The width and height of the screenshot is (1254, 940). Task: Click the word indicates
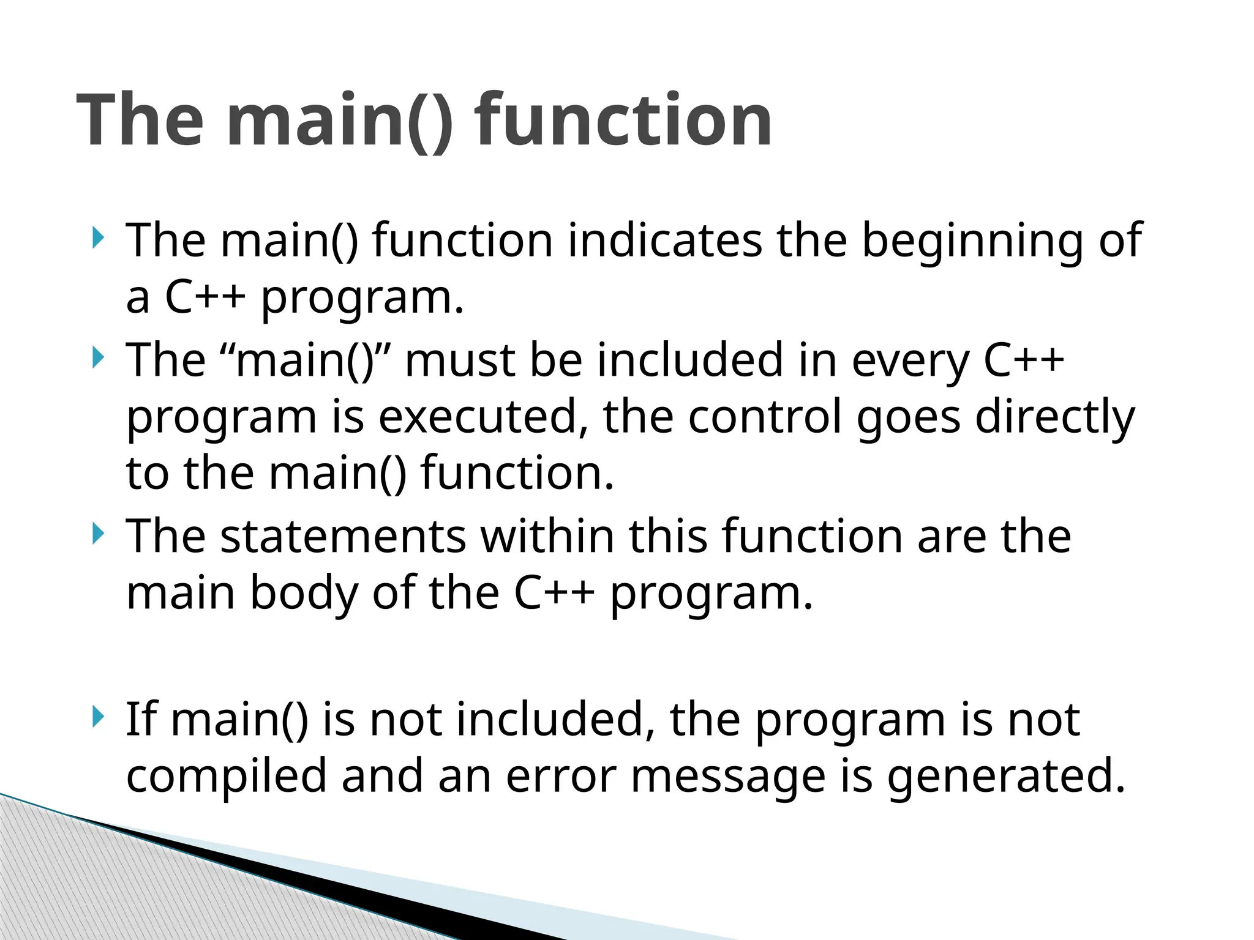pyautogui.click(x=664, y=240)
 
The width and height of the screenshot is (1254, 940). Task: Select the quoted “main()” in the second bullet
pyautogui.click(x=305, y=361)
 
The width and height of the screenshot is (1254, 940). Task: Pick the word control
pyautogui.click(x=765, y=417)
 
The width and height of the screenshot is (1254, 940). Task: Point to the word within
pyautogui.click(x=547, y=536)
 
